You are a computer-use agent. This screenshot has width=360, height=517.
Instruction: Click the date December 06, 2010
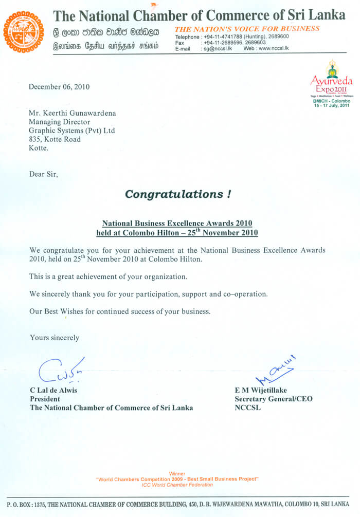point(59,87)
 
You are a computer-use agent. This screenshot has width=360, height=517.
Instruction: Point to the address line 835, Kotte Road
point(55,139)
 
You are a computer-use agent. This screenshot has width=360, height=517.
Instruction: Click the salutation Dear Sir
point(44,174)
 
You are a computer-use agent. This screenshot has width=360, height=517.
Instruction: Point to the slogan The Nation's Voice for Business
point(247,29)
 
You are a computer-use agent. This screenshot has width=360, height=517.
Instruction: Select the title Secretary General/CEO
point(273,399)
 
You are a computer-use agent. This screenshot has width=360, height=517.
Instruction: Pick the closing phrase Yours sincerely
point(55,338)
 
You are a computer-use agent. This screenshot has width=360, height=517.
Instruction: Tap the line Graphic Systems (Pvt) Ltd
point(72,131)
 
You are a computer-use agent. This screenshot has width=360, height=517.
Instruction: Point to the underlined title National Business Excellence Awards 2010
point(177,224)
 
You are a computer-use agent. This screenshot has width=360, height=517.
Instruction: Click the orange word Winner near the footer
point(177,473)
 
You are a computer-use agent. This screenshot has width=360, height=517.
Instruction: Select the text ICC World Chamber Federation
point(177,485)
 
